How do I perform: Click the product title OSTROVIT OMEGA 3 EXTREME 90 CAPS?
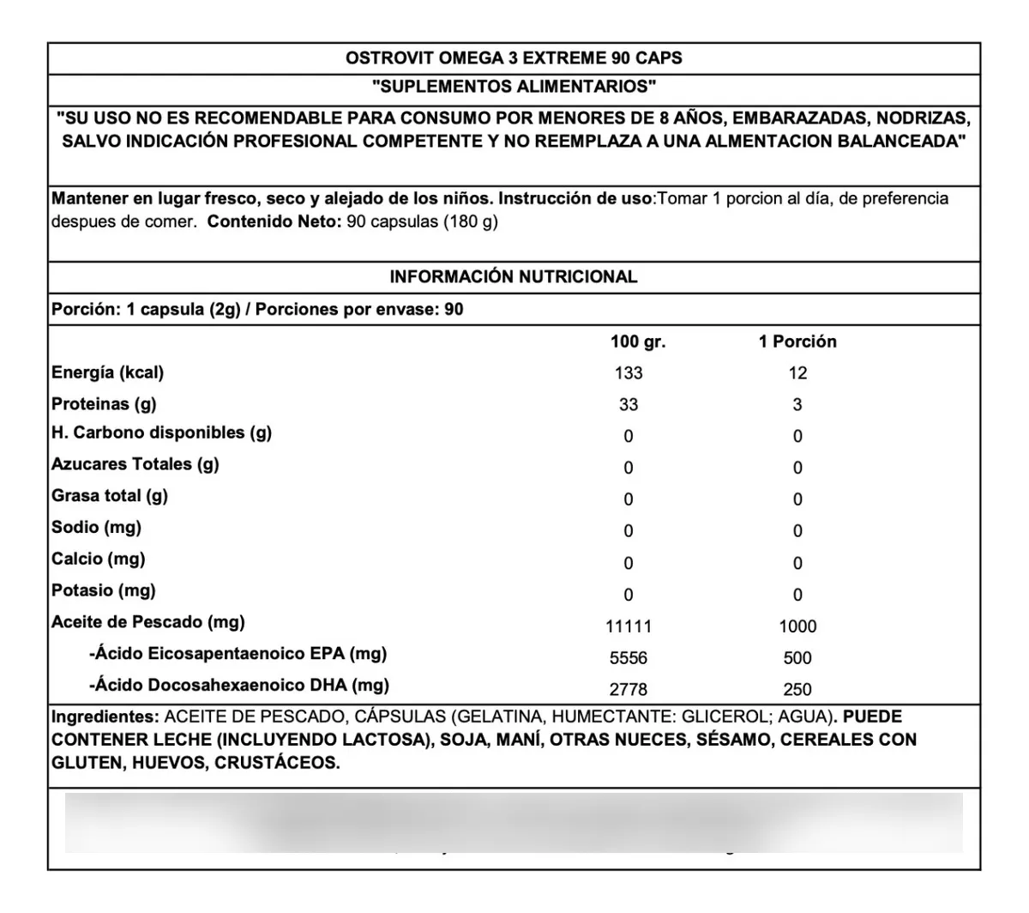pos(514,58)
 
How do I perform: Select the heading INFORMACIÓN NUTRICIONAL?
pos(514,277)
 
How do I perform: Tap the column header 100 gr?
pos(638,342)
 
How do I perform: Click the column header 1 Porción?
pos(797,342)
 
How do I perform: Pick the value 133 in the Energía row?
pos(629,373)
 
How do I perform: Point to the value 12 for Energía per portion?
pos(797,373)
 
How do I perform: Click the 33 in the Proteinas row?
pos(629,405)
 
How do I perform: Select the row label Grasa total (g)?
pos(110,496)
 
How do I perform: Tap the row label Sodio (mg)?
pos(96,528)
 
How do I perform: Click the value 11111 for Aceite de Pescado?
pos(629,626)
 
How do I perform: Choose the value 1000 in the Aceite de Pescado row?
pos(797,626)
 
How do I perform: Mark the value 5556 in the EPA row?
pos(629,658)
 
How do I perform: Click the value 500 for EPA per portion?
pos(797,658)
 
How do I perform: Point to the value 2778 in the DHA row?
pos(629,690)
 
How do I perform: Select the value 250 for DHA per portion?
pos(797,690)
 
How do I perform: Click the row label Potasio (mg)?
pos(104,590)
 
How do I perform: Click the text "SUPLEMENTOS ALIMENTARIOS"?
pos(514,87)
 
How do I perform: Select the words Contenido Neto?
pos(275,221)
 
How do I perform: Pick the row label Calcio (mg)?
pos(99,559)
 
